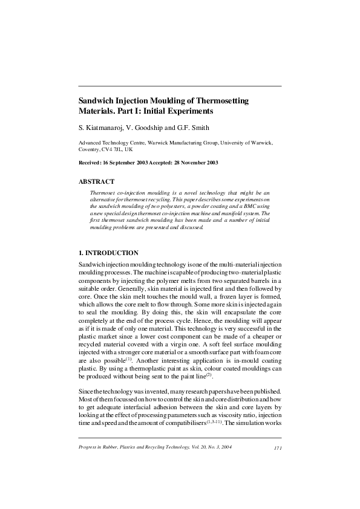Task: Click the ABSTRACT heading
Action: pyautogui.click(x=97, y=181)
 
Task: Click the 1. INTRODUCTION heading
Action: pyautogui.click(x=109, y=253)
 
